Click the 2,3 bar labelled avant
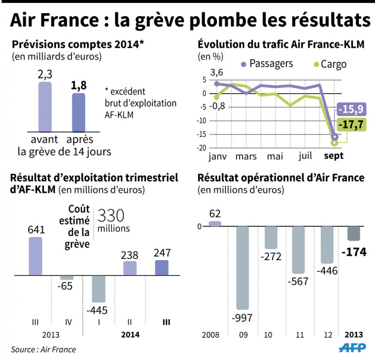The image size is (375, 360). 45,106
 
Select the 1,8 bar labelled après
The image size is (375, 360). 78,112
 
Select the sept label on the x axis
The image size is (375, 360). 334,157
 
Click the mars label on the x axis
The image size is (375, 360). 246,157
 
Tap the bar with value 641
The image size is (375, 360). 36,256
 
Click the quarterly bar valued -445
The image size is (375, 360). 99,289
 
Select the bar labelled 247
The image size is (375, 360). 161,267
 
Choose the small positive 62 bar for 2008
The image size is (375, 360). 215,224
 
